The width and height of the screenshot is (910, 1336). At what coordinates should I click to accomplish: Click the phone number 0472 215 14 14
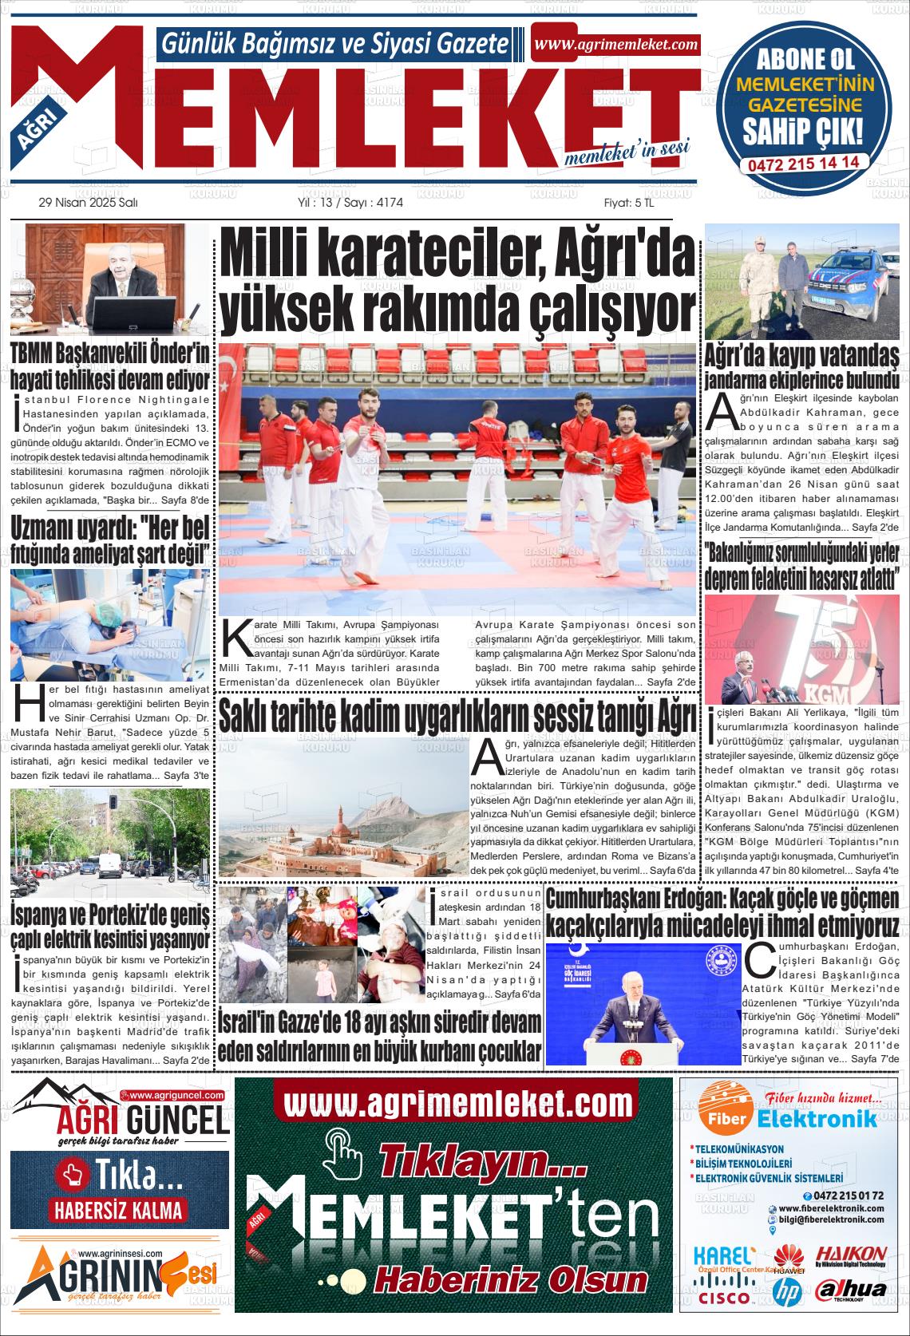(x=804, y=162)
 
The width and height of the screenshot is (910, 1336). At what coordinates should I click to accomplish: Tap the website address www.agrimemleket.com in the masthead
(x=615, y=45)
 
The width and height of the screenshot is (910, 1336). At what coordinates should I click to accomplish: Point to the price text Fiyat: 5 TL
(x=629, y=204)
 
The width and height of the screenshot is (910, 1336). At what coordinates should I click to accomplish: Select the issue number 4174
(x=389, y=204)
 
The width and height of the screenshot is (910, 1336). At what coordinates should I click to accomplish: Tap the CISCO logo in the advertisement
(x=723, y=1297)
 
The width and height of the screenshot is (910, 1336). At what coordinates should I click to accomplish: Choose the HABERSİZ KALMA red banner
(x=118, y=1209)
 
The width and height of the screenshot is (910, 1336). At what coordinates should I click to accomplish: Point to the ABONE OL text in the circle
(x=805, y=58)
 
